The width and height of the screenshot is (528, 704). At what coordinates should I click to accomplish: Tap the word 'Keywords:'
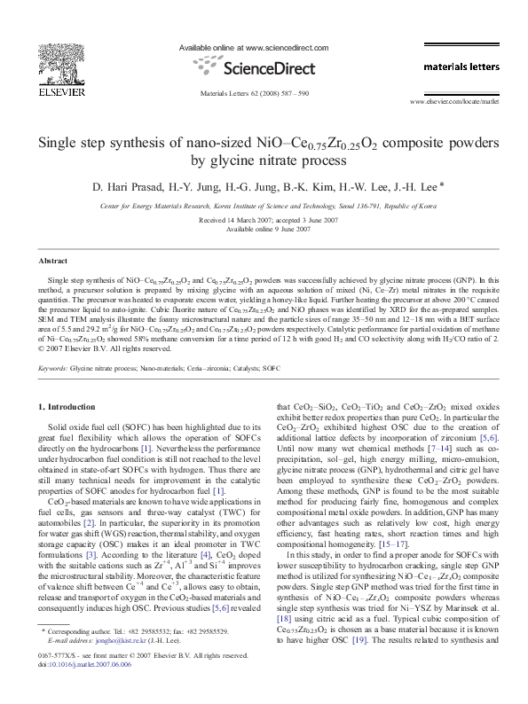pos(52,366)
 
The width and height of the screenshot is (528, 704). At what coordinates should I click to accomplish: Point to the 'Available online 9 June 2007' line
pos(264,229)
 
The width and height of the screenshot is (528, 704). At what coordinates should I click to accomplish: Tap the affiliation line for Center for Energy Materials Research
pos(264,206)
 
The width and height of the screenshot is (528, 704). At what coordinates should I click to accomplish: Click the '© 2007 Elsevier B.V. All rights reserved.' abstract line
pos(97,348)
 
